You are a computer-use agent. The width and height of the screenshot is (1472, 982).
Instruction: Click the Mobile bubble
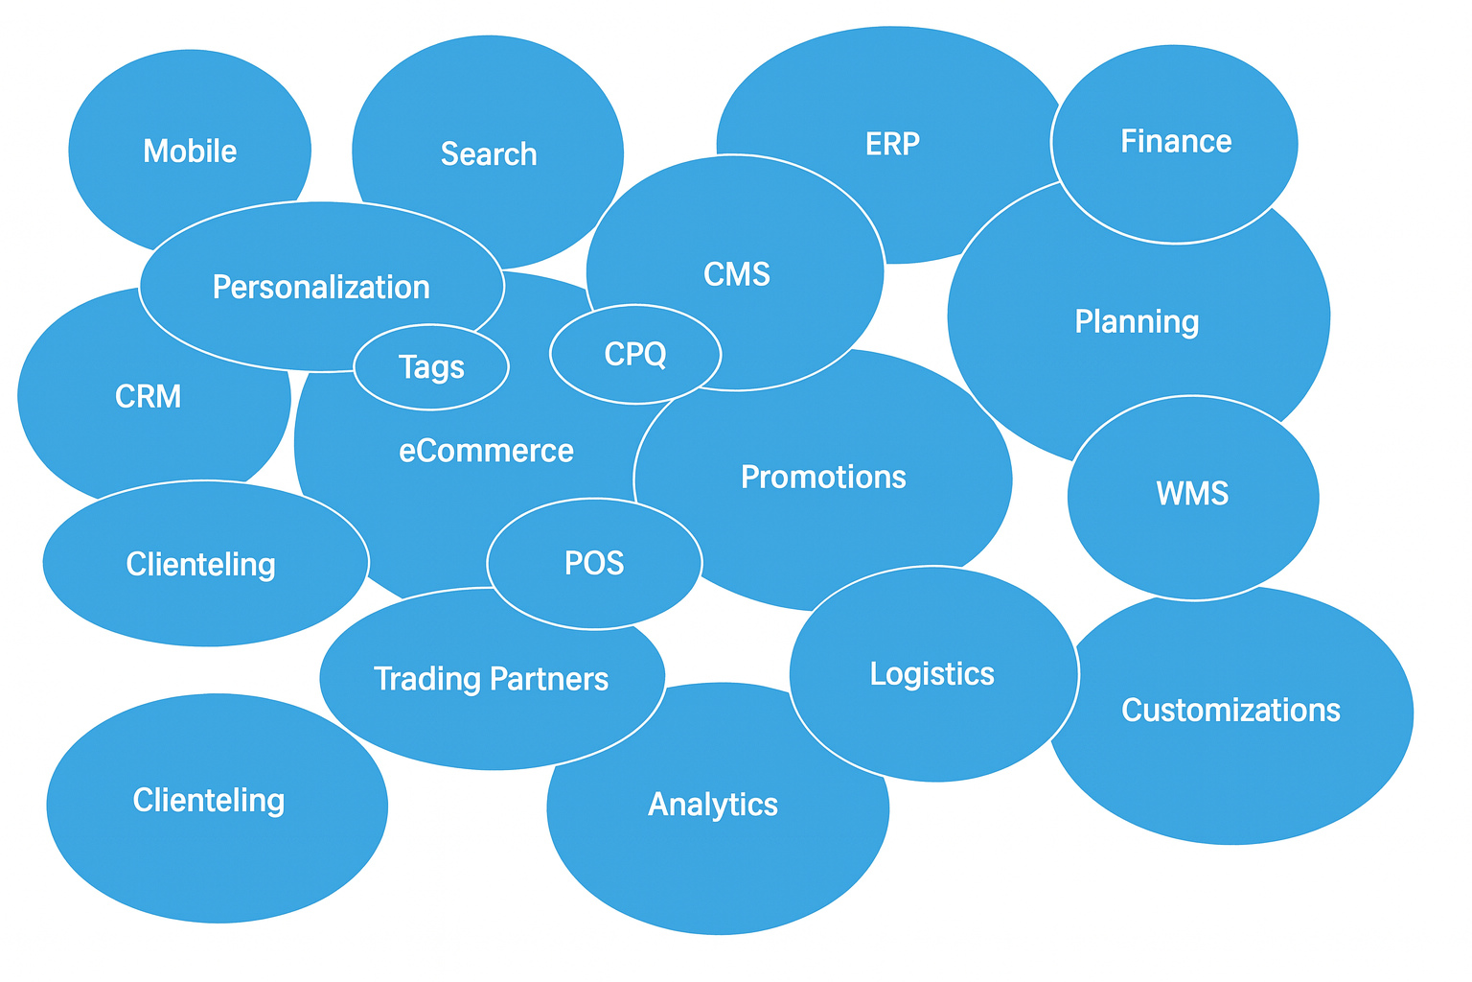point(190,151)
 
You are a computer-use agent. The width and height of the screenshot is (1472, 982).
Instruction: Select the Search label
point(489,153)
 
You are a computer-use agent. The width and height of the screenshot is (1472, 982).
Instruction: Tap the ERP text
point(892,144)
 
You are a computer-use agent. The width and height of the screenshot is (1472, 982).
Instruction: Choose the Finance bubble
point(1176,142)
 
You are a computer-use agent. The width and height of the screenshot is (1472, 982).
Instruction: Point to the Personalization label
point(321,287)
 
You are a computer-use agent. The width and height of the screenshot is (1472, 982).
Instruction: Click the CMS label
point(736,274)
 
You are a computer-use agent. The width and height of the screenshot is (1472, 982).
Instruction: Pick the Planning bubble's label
point(1137,321)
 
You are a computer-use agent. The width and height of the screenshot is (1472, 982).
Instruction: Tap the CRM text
point(148,396)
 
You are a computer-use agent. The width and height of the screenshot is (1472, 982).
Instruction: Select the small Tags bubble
point(431,367)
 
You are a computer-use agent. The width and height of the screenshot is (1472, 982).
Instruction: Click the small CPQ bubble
point(635,354)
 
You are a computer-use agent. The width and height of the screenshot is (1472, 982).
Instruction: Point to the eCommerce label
point(486,451)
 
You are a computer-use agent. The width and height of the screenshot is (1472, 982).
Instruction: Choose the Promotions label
point(823,477)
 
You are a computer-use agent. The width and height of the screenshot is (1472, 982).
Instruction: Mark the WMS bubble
point(1192,494)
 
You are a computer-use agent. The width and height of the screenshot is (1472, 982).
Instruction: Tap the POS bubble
point(594,563)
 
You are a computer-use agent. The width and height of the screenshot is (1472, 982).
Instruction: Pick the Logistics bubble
point(932,673)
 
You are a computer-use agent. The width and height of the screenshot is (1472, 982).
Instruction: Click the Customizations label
point(1230,711)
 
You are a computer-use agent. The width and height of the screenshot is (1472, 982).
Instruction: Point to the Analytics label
point(713,804)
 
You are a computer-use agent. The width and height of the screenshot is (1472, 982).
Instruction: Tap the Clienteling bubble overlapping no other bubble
point(209,801)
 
